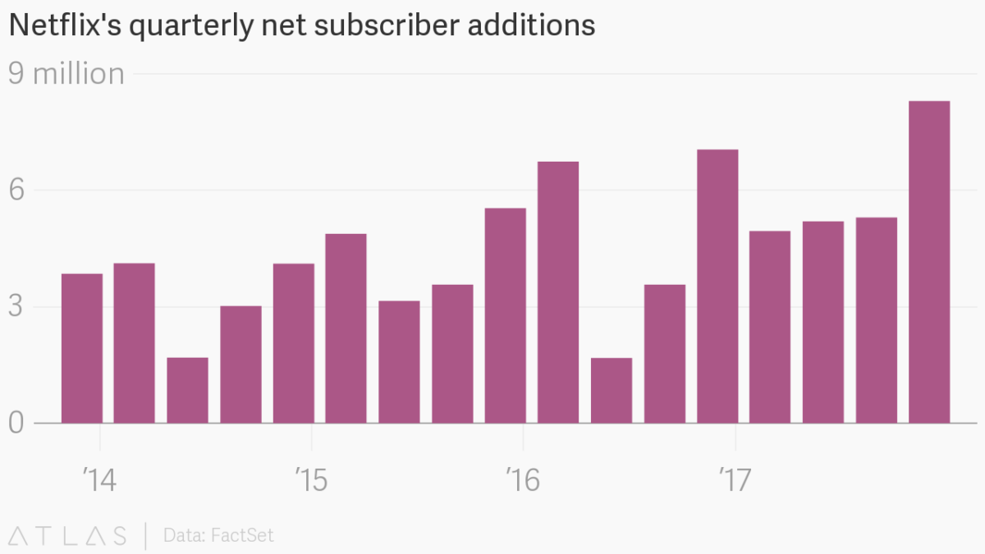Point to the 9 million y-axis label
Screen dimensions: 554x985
tap(66, 74)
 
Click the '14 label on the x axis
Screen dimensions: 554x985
tap(98, 479)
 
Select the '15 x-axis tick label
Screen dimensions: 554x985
tap(310, 479)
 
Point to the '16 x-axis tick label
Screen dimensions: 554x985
tap(523, 479)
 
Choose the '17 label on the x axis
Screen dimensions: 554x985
tap(735, 479)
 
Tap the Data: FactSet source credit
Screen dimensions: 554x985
tap(218, 536)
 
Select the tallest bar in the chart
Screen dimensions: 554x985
tap(929, 263)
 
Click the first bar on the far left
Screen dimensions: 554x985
tap(82, 349)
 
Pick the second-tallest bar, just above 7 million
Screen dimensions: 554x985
tap(717, 286)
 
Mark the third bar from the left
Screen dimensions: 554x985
tap(187, 391)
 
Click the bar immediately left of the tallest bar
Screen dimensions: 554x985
tap(876, 320)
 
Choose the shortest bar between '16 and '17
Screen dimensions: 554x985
tap(612, 391)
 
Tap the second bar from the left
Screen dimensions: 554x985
tap(134, 343)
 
